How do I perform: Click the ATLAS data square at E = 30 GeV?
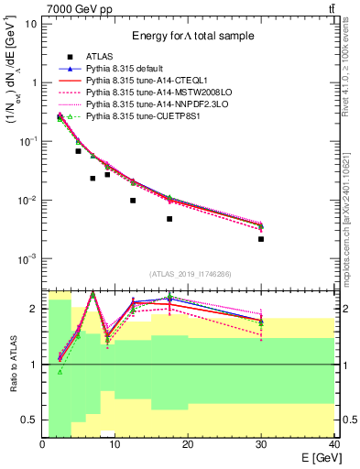coord(261,239)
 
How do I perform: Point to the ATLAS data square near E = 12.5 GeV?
coord(133,201)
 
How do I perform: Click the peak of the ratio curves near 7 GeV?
coord(93,294)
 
